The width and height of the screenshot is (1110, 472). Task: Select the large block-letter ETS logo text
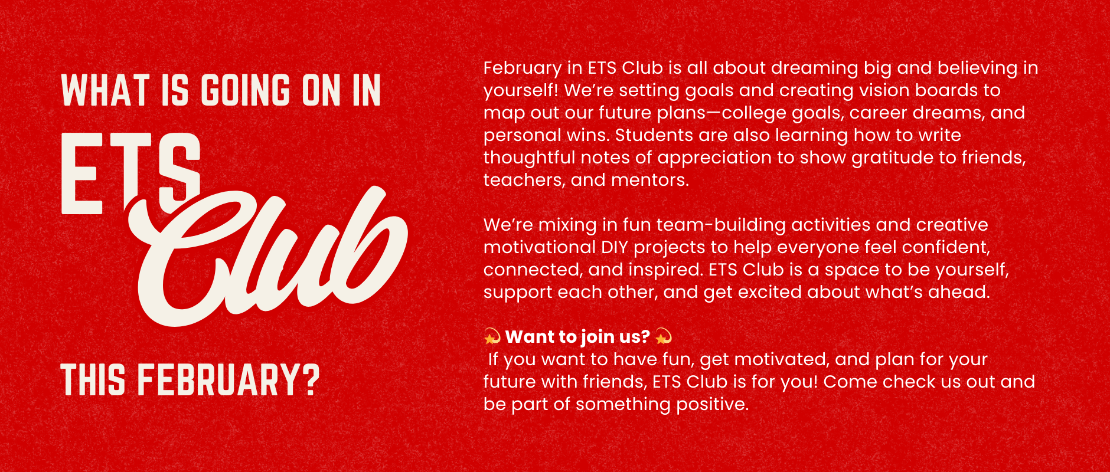point(131,172)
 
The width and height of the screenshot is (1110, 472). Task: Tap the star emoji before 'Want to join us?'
point(492,337)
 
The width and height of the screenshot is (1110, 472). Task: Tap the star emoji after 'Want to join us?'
point(664,337)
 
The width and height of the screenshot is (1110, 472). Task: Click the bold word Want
point(529,337)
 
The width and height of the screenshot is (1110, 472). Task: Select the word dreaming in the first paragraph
point(814,68)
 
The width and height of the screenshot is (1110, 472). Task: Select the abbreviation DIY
point(615,248)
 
